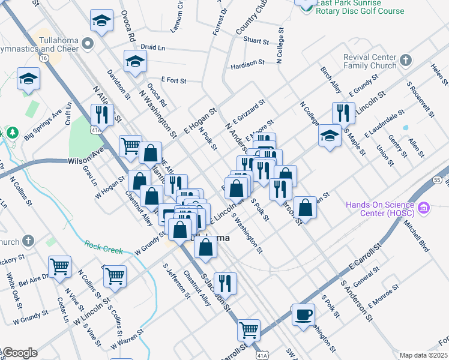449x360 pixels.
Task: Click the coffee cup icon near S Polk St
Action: [303, 314]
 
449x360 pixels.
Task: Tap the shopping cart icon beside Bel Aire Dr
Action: [60, 266]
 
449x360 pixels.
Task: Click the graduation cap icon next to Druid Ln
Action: [135, 61]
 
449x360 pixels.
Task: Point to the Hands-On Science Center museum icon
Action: [424, 208]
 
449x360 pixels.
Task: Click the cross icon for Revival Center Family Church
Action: [406, 60]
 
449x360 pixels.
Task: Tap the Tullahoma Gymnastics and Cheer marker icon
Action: [88, 43]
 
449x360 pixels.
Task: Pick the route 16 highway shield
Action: [44, 58]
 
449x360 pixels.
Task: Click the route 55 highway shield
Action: [436, 179]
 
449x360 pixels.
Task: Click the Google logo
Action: [19, 353]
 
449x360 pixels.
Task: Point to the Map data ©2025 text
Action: [423, 355]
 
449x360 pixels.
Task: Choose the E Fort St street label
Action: [174, 80]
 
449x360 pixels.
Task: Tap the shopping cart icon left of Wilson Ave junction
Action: [130, 145]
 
